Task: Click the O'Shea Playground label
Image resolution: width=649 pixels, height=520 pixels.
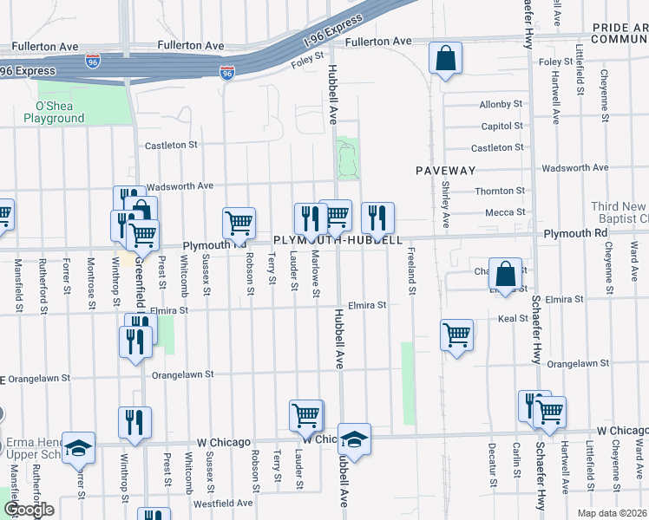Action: point(53,113)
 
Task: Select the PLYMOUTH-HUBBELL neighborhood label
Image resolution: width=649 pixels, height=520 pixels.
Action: point(338,240)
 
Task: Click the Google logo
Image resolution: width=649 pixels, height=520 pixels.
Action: point(29,510)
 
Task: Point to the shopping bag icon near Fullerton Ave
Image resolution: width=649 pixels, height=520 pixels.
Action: point(445,60)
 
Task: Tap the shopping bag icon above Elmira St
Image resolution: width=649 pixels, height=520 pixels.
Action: point(505,274)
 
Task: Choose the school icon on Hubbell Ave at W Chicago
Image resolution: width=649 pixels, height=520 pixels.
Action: point(354,440)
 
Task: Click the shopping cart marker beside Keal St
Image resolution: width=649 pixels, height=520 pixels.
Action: point(457,335)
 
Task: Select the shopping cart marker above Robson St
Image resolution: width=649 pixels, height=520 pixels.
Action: point(239,222)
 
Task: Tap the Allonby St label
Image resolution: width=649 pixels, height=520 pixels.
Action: point(501,105)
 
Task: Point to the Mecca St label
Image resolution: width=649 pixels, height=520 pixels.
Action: point(505,212)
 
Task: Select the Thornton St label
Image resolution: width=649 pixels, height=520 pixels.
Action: point(501,191)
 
